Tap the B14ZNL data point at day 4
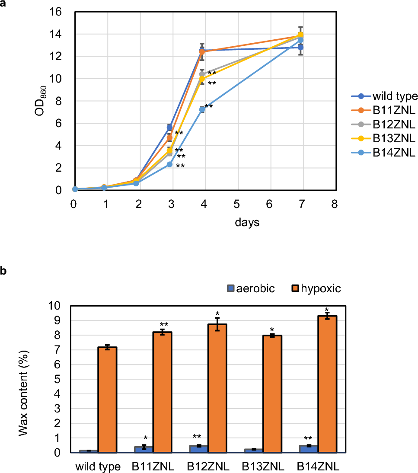tap(202, 110)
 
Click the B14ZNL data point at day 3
tap(169, 164)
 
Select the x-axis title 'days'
tap(248, 223)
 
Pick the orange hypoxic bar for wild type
tap(107, 399)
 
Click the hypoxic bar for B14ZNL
tap(327, 384)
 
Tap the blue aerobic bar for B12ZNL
tap(199, 449)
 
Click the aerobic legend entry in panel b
tap(250, 289)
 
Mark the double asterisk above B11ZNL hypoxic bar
tap(164, 324)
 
